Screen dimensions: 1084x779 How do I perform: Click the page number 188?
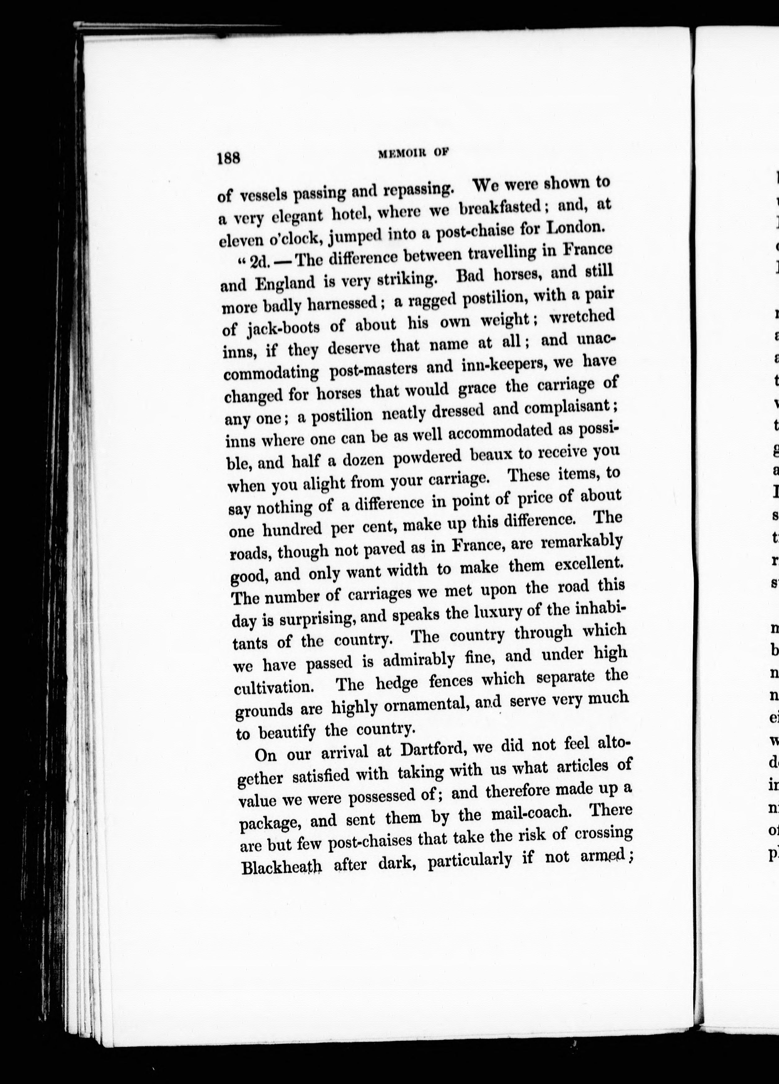tap(229, 157)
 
